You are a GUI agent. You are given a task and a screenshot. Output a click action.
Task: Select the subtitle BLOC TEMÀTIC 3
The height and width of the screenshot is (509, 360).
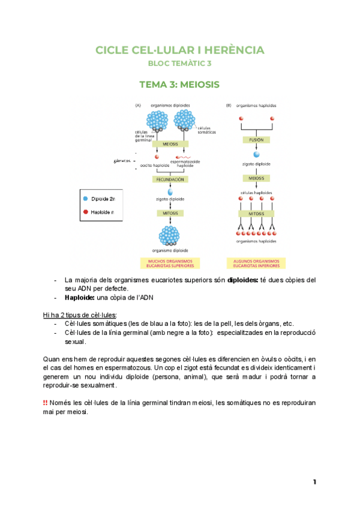179,63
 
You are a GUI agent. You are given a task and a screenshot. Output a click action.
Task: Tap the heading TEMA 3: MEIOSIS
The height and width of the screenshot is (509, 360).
179,85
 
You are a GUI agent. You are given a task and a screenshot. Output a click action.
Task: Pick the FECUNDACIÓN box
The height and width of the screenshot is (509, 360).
170,179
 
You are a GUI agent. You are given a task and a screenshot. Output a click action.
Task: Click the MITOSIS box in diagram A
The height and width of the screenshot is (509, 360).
170,213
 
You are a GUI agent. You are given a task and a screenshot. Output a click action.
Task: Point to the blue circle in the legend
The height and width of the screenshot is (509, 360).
86,197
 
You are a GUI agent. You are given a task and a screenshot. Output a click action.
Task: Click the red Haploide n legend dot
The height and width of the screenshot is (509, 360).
86,211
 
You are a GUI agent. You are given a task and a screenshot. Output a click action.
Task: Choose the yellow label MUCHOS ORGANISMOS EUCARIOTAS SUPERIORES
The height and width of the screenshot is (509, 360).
170,263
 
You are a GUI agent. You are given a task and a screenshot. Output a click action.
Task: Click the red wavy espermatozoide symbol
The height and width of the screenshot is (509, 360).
185,157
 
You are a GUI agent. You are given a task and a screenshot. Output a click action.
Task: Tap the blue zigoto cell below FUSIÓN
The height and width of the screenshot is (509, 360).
253,154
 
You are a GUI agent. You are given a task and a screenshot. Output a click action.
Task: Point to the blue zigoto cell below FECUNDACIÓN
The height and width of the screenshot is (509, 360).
170,191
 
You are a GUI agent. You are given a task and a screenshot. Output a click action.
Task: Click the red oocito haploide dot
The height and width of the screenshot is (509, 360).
157,157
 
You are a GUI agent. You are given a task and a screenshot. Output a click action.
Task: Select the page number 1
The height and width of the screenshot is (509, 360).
314,482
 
